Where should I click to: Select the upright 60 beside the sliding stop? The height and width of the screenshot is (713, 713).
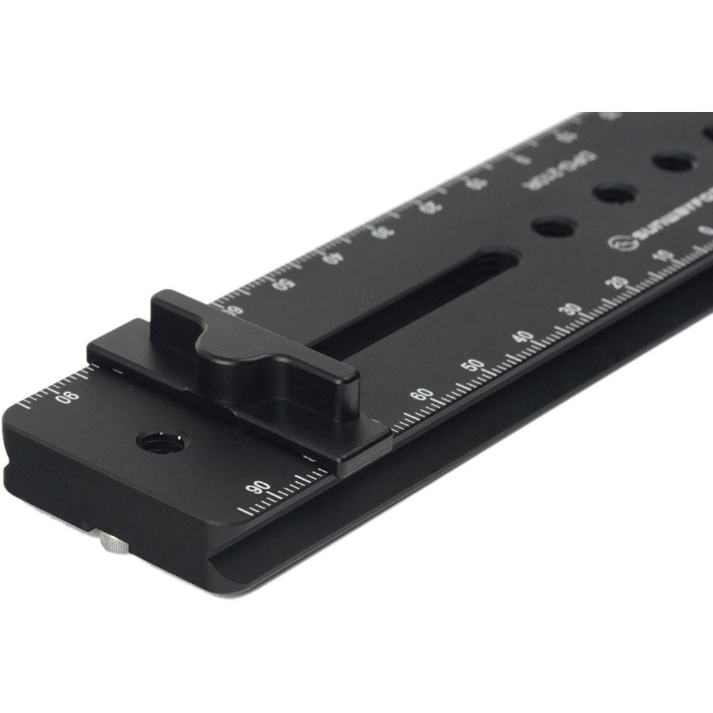coord(422,394)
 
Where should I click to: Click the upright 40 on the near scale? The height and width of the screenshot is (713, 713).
coord(523,337)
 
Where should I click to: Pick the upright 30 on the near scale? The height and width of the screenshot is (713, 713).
coord(570,310)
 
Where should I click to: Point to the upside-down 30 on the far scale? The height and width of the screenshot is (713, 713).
coord(386,232)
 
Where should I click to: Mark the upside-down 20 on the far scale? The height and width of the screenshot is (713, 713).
coord(430,207)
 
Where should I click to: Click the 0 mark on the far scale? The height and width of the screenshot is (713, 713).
coord(523,158)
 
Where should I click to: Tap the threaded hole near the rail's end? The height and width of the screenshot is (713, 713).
coord(161,442)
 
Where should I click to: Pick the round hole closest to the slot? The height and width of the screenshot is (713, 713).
coord(554,227)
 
